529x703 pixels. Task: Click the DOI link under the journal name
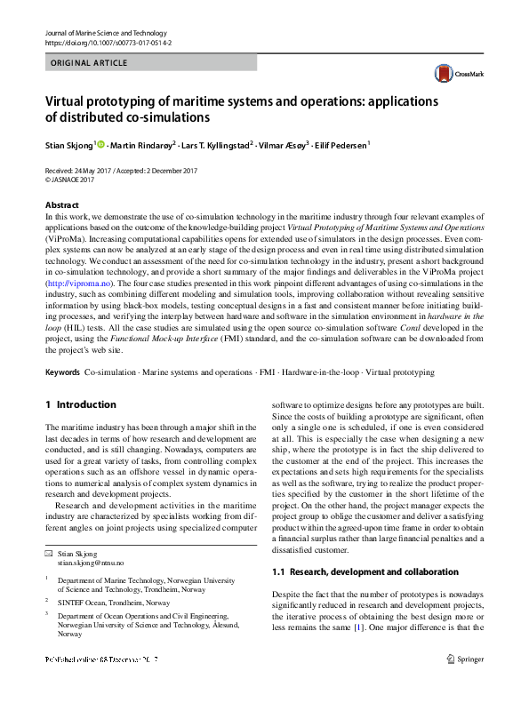(108, 42)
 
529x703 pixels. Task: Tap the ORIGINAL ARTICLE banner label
(90, 63)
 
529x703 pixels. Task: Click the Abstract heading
(62, 205)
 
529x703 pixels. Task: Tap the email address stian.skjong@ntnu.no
(91, 563)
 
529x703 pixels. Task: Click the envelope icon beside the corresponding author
(50, 554)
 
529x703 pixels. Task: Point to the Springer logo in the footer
(467, 659)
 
